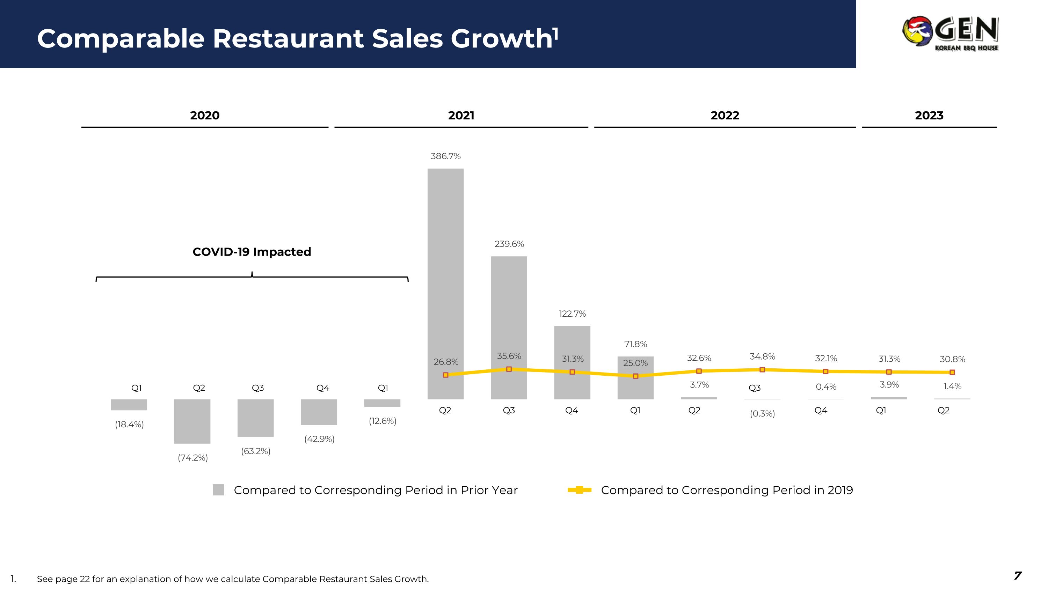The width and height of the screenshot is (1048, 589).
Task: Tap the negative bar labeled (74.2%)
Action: click(x=192, y=421)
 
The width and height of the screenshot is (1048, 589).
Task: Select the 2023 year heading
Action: click(x=929, y=116)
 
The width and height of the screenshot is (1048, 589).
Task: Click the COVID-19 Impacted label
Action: click(x=252, y=252)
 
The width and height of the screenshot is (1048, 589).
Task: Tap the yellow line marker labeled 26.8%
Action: click(x=445, y=375)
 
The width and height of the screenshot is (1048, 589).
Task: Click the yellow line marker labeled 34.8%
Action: click(x=762, y=369)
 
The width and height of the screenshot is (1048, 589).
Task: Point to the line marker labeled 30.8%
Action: click(x=952, y=372)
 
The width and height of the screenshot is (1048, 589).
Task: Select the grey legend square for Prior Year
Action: click(x=218, y=490)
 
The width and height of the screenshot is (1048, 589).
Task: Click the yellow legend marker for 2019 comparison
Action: click(x=579, y=490)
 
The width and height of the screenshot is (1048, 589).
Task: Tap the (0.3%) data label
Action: click(x=762, y=414)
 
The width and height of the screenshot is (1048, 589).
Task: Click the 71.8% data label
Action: click(x=635, y=344)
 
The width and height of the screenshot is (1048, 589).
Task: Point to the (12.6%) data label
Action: click(x=383, y=421)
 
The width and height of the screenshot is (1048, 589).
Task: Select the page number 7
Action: click(x=1017, y=576)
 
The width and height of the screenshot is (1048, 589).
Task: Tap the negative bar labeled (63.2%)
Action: click(x=255, y=418)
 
